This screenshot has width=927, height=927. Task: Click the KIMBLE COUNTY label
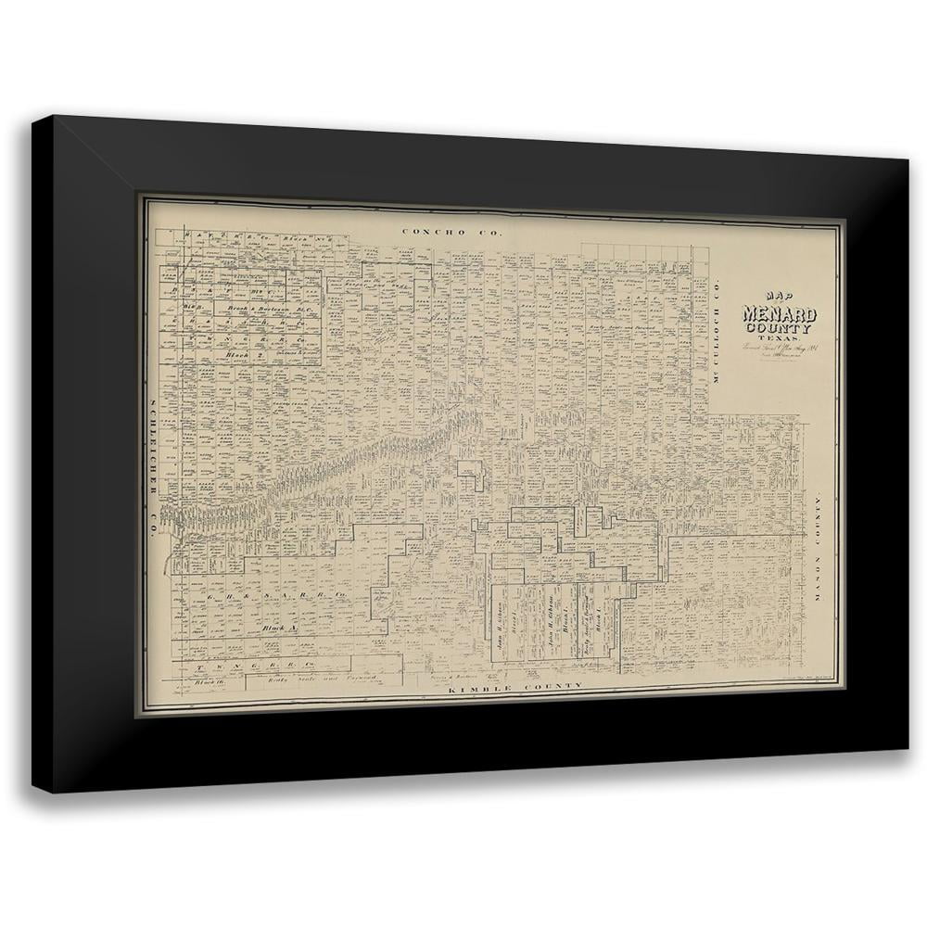(x=515, y=687)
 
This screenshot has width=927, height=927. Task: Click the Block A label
(x=276, y=628)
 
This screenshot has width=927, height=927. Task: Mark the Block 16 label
(x=211, y=681)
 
